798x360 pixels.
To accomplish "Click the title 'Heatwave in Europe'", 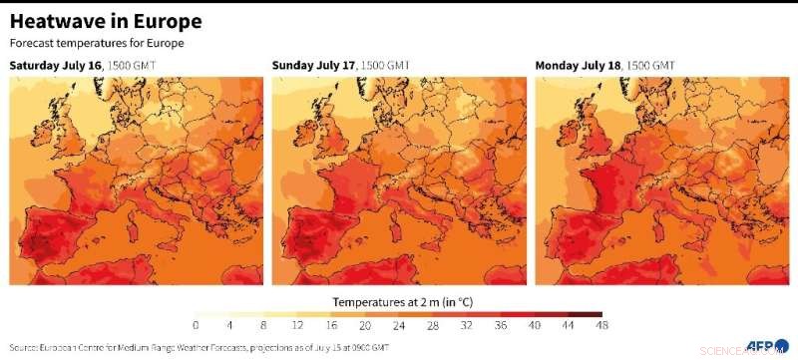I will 106,21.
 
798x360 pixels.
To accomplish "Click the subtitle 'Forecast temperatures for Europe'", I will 98,43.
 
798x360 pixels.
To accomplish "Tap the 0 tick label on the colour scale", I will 196,326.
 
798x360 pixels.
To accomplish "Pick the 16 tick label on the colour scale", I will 331,326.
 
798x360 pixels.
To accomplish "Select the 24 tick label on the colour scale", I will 399,326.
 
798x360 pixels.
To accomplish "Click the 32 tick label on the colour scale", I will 467,326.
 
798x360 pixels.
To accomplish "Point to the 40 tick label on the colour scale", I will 535,326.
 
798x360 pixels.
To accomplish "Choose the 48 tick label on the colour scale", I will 602,326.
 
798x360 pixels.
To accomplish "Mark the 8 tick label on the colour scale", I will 263,326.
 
